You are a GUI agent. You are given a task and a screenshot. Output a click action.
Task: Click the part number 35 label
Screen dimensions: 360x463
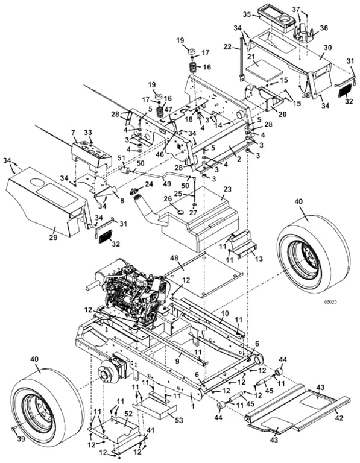pyautogui.click(x=247, y=14)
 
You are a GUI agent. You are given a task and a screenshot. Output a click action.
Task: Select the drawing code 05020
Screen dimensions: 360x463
pyautogui.click(x=331, y=302)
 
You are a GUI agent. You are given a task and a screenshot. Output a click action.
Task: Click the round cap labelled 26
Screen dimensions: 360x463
pyautogui.click(x=180, y=212)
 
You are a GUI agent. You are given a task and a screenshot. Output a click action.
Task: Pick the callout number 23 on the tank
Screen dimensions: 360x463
pyautogui.click(x=227, y=189)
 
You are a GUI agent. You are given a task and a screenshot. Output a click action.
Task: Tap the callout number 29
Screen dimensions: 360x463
pyautogui.click(x=53, y=237)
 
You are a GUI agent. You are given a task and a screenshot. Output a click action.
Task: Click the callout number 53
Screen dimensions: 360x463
pyautogui.click(x=178, y=420)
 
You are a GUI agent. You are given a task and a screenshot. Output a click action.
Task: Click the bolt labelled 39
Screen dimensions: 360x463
pyautogui.click(x=14, y=428)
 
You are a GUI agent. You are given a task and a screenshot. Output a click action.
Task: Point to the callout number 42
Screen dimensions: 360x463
pyautogui.click(x=339, y=418)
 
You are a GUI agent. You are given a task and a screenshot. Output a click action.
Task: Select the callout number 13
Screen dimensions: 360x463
pyautogui.click(x=259, y=259)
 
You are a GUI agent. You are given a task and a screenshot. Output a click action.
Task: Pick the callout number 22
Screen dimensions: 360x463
pyautogui.click(x=228, y=46)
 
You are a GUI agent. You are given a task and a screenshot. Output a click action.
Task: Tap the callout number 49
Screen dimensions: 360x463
pyautogui.click(x=167, y=184)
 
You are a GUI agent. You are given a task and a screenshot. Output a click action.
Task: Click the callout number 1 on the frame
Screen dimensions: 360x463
pyautogui.click(x=192, y=406)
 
